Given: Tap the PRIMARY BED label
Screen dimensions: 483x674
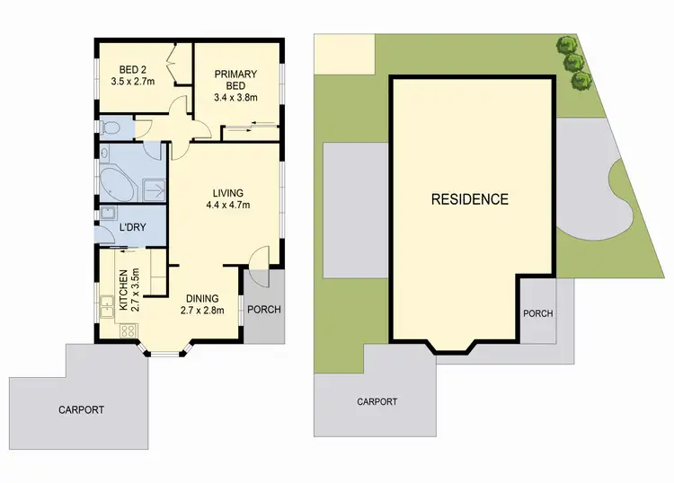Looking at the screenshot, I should point(235,75).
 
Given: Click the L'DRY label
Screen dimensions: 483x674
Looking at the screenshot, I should point(133,229).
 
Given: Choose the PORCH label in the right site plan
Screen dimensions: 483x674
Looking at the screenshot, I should point(537,313).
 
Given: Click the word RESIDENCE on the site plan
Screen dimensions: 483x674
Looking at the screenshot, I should point(470,199).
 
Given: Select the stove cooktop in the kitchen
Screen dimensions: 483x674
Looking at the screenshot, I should point(128,329).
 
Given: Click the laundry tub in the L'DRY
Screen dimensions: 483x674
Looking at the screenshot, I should point(108,215).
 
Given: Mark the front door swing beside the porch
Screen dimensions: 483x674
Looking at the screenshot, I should point(258,258).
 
